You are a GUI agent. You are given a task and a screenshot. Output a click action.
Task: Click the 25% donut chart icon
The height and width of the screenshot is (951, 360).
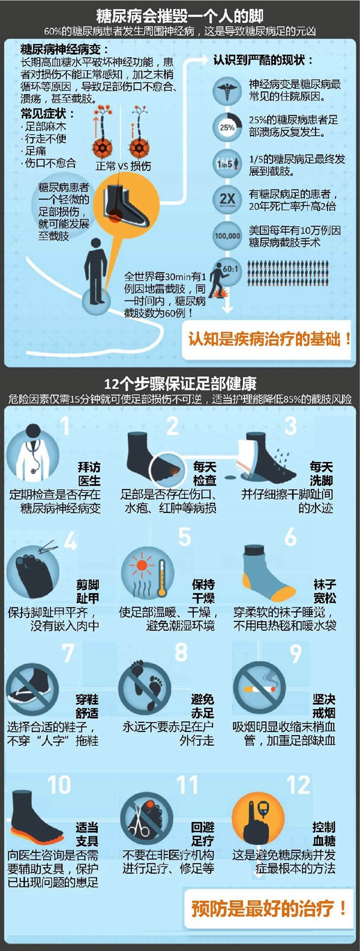tap(227, 127)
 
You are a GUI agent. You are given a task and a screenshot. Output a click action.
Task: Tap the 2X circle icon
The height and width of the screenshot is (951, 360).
tap(227, 199)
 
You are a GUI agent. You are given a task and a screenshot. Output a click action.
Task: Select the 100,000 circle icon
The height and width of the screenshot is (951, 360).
tap(227, 235)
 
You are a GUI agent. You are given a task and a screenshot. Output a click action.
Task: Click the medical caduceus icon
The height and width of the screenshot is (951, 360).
tap(227, 91)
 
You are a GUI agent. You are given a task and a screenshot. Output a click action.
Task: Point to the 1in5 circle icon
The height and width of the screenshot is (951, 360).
tap(227, 163)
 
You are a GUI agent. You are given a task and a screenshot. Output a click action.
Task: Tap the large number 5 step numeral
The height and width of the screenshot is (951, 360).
tap(184, 536)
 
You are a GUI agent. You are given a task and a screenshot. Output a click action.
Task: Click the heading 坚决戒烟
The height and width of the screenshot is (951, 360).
tap(324, 706)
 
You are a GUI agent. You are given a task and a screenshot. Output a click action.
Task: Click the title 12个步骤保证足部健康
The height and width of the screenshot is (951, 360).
tap(181, 384)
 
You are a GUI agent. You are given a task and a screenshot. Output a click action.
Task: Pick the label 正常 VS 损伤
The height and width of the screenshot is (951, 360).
tap(123, 166)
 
